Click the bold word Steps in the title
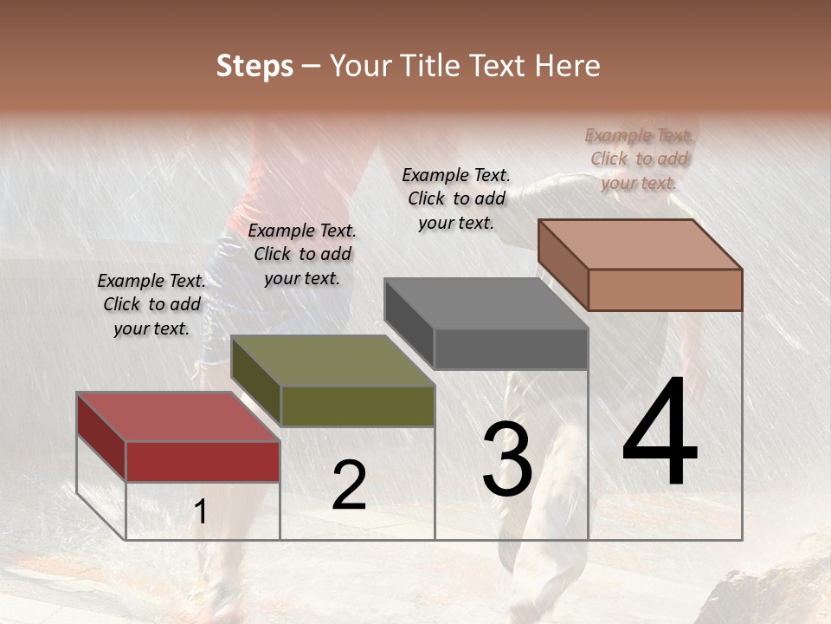pyautogui.click(x=254, y=66)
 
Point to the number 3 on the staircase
pyautogui.click(x=507, y=460)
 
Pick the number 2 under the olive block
pyautogui.click(x=349, y=486)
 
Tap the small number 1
pyautogui.click(x=201, y=512)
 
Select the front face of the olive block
pyautogui.click(x=358, y=406)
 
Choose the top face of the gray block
pyautogui.click(x=485, y=303)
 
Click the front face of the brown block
pyautogui.click(x=665, y=289)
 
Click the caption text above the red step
pyautogui.click(x=151, y=304)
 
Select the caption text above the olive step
pyautogui.click(x=302, y=254)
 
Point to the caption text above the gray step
pyautogui.click(x=456, y=198)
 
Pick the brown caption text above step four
pyautogui.click(x=639, y=159)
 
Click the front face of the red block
pyautogui.click(x=203, y=461)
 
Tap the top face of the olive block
pyautogui.click(x=332, y=361)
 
